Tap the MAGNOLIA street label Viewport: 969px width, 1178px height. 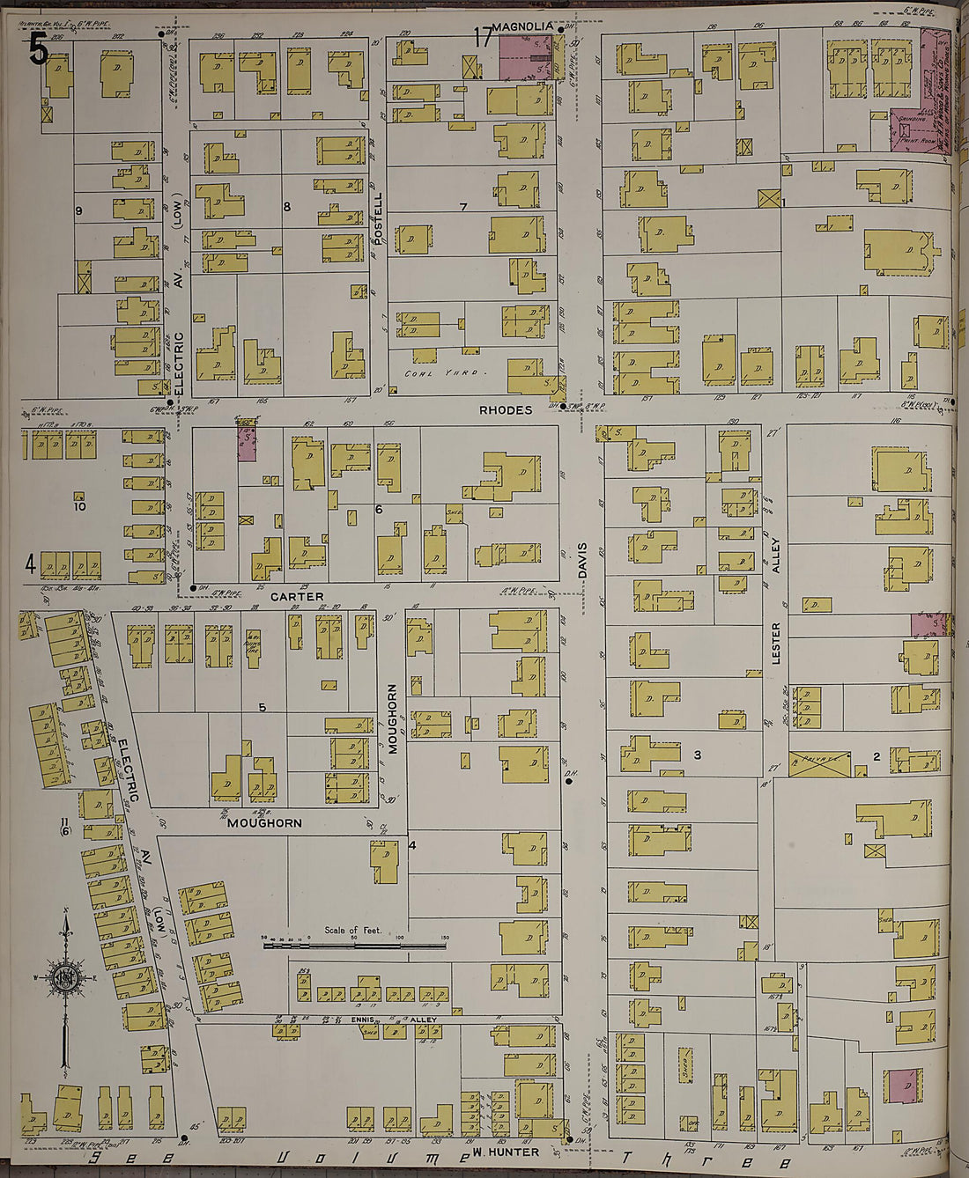(522, 28)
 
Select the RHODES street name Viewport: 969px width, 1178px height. (506, 410)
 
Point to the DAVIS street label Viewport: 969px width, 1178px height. (582, 559)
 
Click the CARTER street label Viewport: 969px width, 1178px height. (297, 597)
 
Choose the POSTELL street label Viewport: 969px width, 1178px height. (378, 220)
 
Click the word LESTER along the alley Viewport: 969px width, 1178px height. (776, 643)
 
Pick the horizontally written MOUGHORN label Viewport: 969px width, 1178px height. (264, 823)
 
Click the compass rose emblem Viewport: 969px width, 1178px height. (66, 977)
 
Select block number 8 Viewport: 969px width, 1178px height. (286, 207)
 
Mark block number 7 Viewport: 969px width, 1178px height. (462, 207)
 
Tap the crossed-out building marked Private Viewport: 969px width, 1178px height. (820, 764)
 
